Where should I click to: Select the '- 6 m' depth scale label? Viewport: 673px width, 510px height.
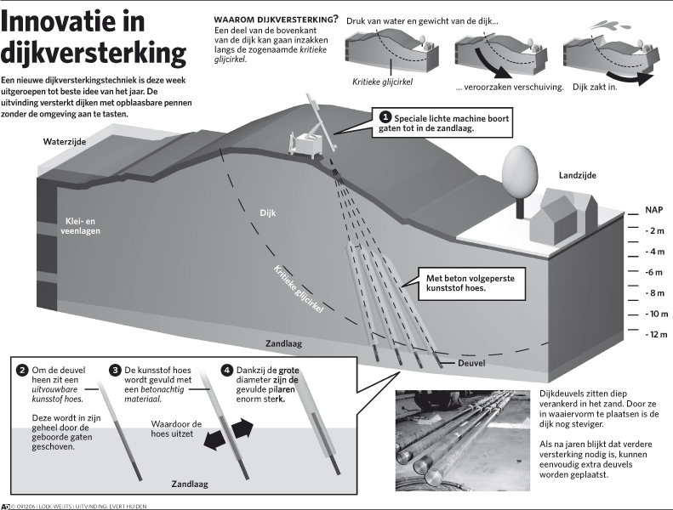coord(654,272)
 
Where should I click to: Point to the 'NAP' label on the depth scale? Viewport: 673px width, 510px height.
coord(654,209)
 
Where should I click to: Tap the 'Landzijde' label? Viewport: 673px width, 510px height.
coord(577,175)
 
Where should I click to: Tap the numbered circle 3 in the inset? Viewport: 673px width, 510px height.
coord(115,371)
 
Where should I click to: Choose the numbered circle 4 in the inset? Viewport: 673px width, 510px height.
coord(226,371)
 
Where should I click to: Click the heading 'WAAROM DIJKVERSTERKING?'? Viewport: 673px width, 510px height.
coord(275,19)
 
